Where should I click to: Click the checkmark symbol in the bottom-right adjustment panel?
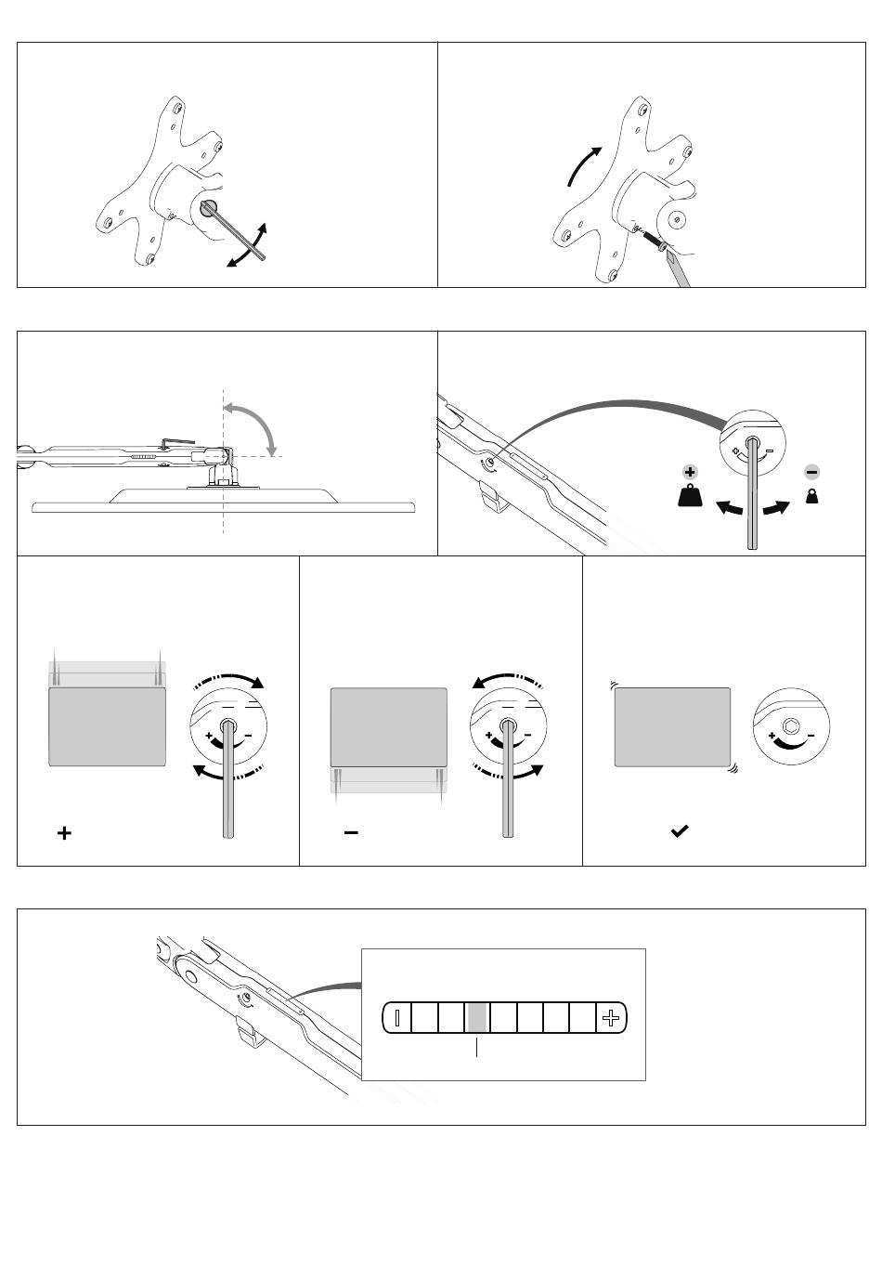coord(680,831)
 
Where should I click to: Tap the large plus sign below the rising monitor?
coord(64,833)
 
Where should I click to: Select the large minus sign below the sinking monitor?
coord(351,832)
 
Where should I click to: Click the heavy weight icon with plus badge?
coord(690,490)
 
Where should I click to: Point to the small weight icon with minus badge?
coord(811,489)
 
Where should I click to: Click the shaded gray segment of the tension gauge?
coord(476,1018)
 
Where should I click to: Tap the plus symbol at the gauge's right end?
coord(610,1018)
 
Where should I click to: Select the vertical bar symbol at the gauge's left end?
coord(396,1018)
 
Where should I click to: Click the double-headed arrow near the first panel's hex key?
coord(248,246)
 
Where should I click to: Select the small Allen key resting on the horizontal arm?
coord(177,444)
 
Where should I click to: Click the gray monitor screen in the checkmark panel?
coord(672,727)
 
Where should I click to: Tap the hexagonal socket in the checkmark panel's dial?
coord(791,726)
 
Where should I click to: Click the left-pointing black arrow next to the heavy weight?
coord(730,509)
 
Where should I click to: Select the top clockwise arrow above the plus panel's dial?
coord(232,681)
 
